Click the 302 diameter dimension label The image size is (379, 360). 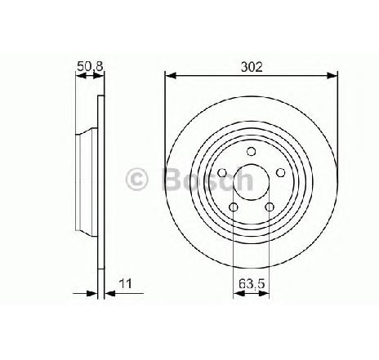point(252,67)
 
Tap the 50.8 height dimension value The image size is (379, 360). point(90,66)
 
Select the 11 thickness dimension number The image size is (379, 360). point(126,283)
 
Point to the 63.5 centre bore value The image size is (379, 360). point(252,284)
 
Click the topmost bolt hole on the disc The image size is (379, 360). point(251,151)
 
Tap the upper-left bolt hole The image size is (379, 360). point(222,172)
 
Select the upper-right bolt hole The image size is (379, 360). point(280,172)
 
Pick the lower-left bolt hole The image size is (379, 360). point(234,207)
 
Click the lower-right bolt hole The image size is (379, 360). point(270,207)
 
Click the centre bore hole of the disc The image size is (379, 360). point(252,182)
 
